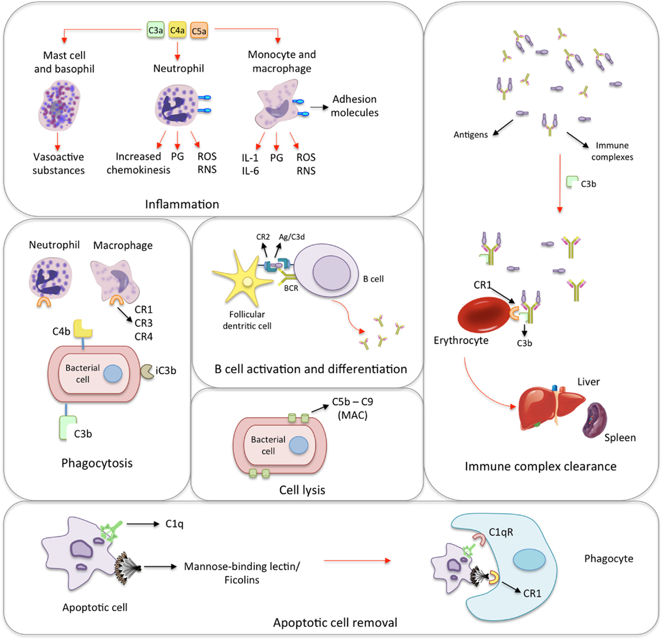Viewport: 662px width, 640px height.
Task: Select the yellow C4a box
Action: click(x=178, y=30)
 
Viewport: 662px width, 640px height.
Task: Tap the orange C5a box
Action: click(x=199, y=31)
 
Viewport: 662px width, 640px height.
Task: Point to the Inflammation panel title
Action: click(x=182, y=204)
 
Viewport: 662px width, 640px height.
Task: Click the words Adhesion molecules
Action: click(x=354, y=106)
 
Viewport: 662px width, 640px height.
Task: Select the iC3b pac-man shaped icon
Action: click(x=147, y=371)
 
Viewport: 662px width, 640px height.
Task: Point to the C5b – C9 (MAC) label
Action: click(x=352, y=409)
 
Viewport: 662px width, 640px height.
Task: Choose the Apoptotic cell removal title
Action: click(x=335, y=622)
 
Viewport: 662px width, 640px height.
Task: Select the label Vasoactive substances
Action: click(x=58, y=163)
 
